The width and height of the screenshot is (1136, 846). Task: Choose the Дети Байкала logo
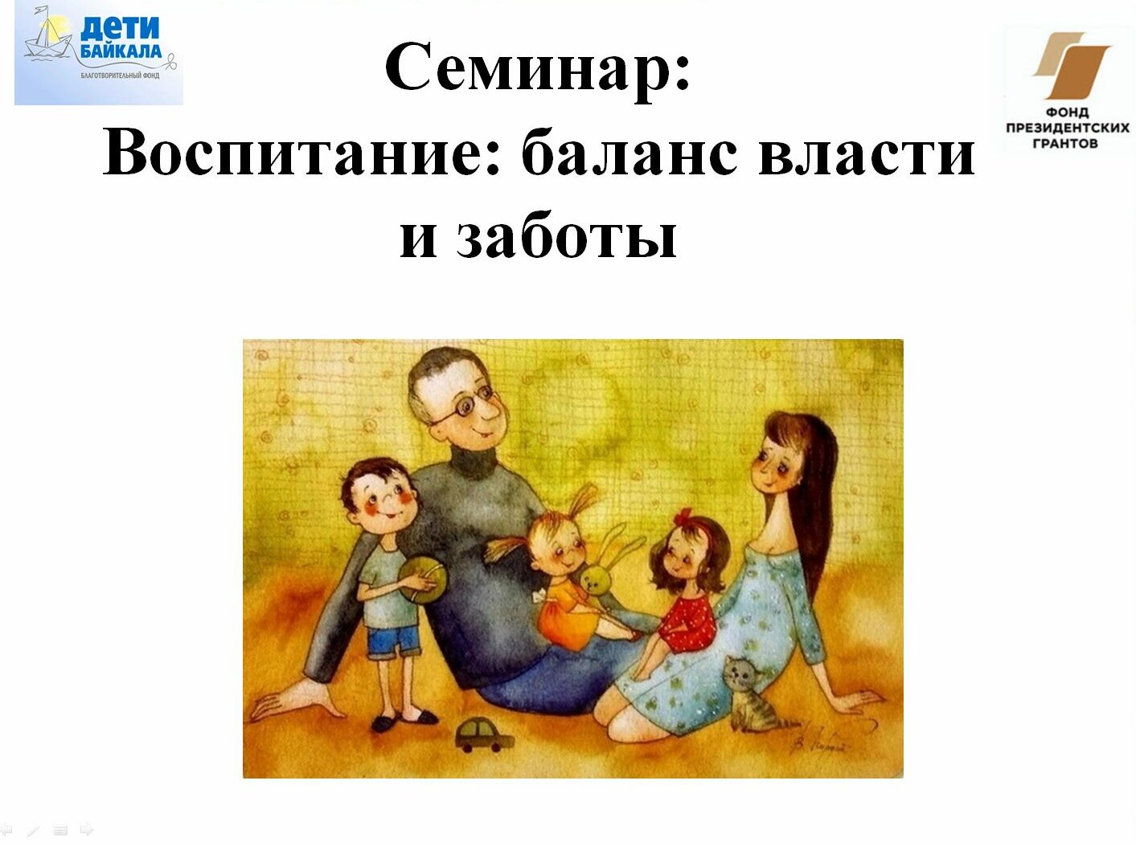[x=98, y=52]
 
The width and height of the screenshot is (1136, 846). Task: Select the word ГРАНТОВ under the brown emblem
[x=1065, y=143]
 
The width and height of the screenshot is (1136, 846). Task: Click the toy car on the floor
[x=483, y=735]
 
